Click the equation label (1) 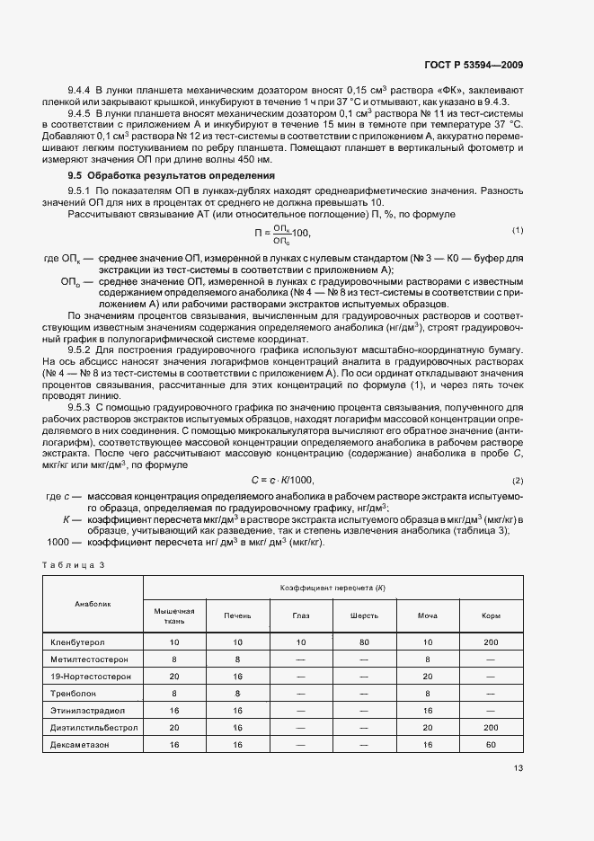(518, 231)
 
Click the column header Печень (237, 616)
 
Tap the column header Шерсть (364, 616)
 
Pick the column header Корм (491, 616)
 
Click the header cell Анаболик (93, 604)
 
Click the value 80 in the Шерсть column (364, 642)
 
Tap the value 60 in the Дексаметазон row (491, 745)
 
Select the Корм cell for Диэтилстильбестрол (491, 728)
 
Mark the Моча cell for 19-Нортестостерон (427, 677)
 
